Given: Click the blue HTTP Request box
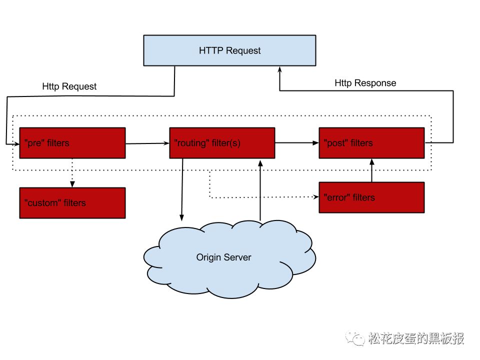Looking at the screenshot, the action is [229, 50].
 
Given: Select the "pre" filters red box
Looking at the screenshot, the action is [72, 143].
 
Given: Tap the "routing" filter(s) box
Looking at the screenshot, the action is [222, 143].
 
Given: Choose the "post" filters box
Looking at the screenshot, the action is [371, 143].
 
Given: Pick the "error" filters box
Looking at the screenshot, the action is [371, 197].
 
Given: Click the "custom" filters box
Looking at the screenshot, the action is [72, 203].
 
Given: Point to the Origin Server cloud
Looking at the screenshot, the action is [229, 258].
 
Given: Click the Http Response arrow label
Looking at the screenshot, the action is [365, 83].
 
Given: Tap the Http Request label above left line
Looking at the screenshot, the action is [69, 86].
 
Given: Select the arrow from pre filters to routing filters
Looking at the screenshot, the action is [147, 143].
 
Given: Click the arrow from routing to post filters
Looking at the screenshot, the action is [297, 143].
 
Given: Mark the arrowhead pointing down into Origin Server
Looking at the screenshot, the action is [182, 217].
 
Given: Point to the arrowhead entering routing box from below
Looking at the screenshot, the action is [260, 163].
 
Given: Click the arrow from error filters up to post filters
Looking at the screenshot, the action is [372, 170].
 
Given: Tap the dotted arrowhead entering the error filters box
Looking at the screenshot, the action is [316, 197].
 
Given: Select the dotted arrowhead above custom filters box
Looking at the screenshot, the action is [72, 183].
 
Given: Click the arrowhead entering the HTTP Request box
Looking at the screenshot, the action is [279, 70].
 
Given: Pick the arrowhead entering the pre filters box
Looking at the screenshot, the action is [16, 144].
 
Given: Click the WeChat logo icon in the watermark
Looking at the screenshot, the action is [355, 338].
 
